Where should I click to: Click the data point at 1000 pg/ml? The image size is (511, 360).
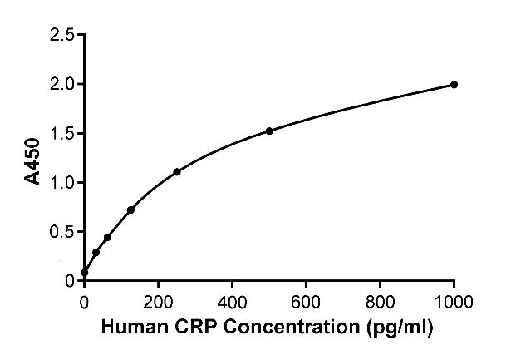(454, 84)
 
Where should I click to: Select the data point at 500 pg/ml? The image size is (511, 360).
(269, 131)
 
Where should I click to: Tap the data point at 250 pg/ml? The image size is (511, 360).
(177, 171)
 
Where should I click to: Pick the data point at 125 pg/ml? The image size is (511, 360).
(130, 210)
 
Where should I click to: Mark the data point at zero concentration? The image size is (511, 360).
(85, 273)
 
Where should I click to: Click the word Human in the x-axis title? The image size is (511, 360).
(128, 324)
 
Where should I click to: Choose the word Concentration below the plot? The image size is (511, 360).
(271, 324)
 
